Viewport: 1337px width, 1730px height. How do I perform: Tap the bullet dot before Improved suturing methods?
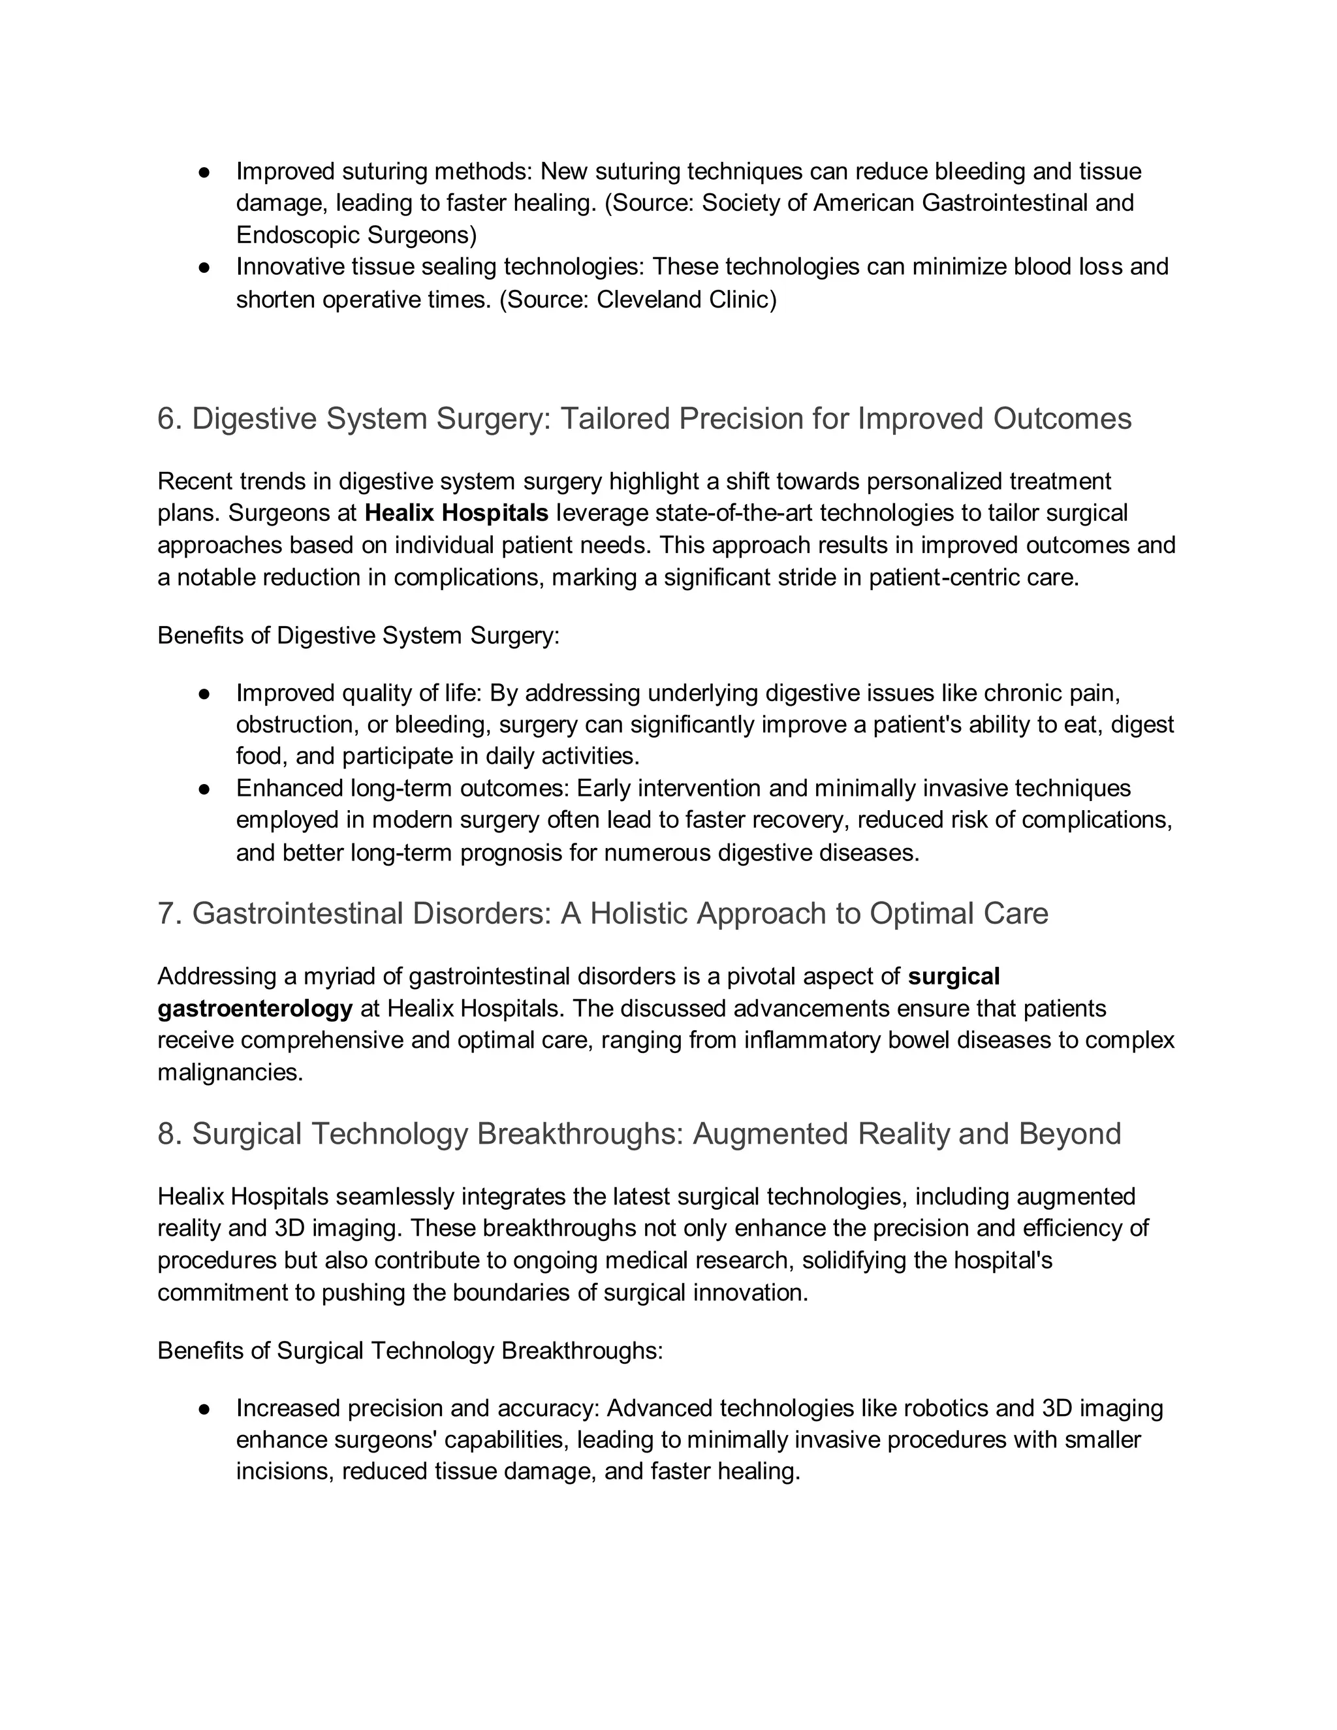click(x=204, y=172)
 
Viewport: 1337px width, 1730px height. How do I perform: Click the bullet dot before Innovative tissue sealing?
click(x=204, y=268)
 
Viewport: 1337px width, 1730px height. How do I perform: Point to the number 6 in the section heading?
click(x=166, y=419)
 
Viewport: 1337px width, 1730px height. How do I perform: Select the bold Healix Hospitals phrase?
click(x=456, y=513)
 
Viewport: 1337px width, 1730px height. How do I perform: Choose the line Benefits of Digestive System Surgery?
click(x=358, y=635)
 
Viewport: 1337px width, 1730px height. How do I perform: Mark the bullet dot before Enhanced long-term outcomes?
click(x=204, y=789)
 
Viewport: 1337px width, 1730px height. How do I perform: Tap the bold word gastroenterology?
click(x=255, y=1009)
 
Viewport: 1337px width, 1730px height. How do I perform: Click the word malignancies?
click(x=230, y=1073)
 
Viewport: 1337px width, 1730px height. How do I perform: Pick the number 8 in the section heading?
click(x=166, y=1133)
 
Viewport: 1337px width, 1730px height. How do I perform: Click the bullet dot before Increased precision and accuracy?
click(x=204, y=1408)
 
